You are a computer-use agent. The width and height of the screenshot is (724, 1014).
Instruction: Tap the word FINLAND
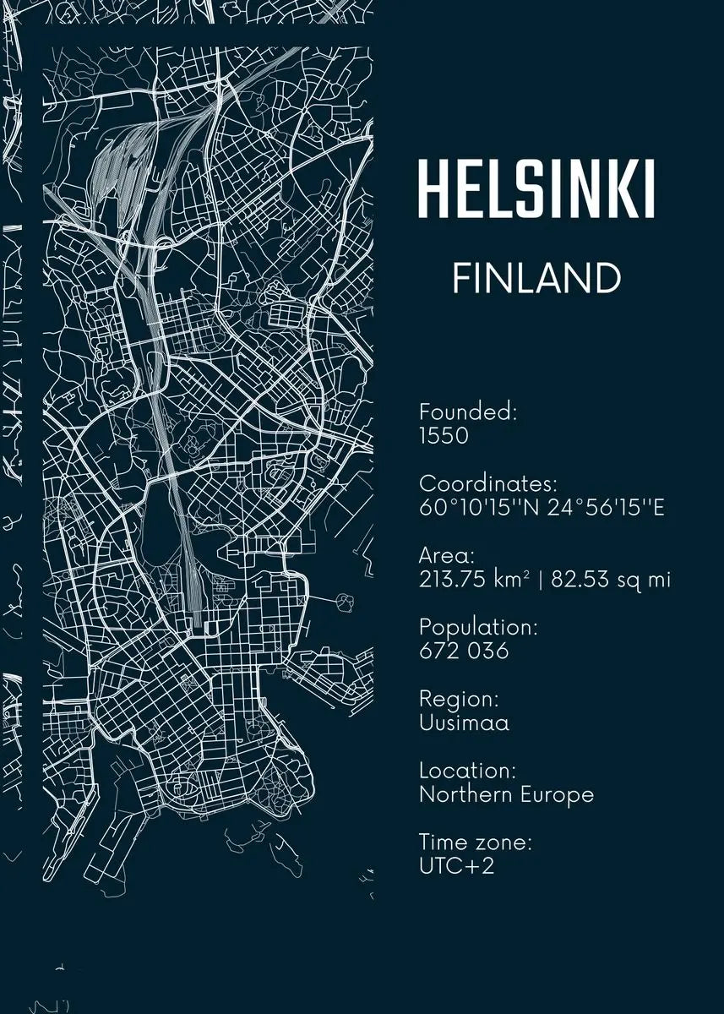point(536,279)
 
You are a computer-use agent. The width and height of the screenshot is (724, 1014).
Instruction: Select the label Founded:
point(468,412)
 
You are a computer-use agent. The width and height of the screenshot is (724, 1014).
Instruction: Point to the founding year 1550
point(444,436)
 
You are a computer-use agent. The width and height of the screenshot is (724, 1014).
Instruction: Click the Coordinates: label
point(488,484)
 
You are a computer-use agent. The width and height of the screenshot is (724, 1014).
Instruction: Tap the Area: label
point(447,555)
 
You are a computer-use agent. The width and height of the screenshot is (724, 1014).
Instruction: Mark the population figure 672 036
point(464,651)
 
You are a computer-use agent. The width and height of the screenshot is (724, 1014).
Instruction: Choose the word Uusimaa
point(464,723)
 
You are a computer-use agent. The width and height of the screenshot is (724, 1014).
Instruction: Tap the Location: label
point(467,771)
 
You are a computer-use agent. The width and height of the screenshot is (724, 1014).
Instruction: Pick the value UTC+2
point(456,866)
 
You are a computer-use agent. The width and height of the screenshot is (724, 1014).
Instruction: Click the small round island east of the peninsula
point(346,602)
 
